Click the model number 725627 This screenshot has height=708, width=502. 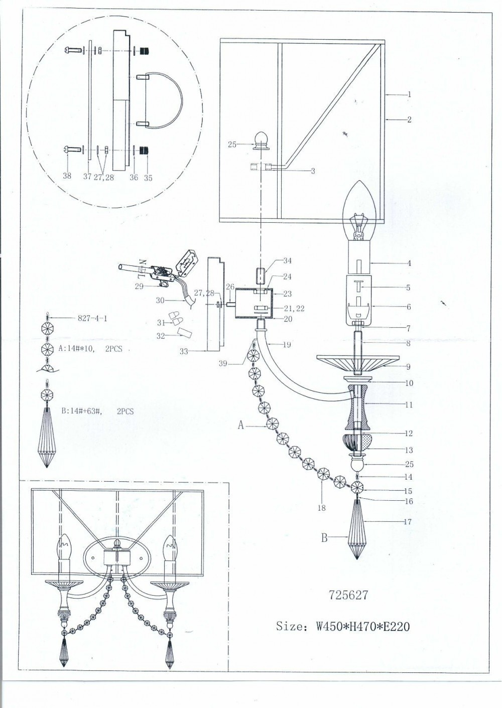(349, 596)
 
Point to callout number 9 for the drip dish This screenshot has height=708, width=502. (409, 367)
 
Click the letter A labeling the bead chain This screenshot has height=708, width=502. (241, 426)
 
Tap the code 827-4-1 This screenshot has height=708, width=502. (92, 318)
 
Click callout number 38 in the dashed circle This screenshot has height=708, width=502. (67, 176)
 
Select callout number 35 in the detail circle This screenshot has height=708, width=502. (148, 178)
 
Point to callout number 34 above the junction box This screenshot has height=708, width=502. (287, 261)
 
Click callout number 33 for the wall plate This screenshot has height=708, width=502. (184, 351)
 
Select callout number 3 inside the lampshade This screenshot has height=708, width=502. (313, 171)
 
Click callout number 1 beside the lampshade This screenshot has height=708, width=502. (409, 94)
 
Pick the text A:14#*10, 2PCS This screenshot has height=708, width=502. (90, 349)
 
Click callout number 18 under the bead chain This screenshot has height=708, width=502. (321, 508)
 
